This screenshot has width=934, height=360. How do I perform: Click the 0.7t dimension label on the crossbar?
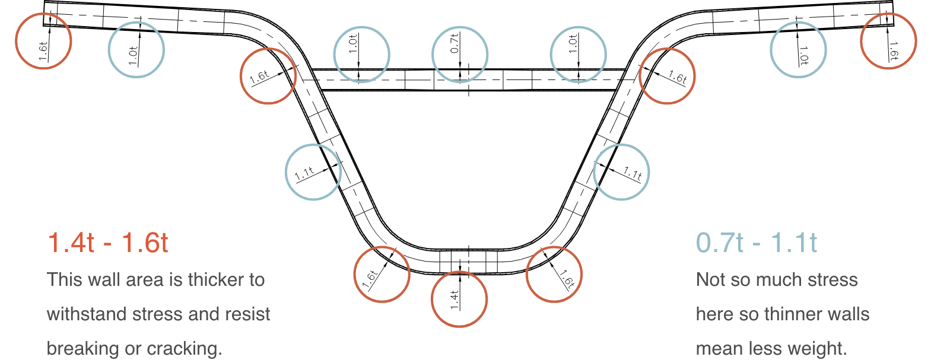pos(455,43)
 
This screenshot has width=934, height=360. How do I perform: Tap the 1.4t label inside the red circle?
pos(455,300)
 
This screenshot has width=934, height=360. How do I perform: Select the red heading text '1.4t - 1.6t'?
pos(108,243)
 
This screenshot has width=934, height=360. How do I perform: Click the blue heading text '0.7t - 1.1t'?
pos(757,243)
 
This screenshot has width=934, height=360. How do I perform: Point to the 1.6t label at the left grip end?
pos(43,50)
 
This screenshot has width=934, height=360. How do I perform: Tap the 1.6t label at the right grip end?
pos(893,51)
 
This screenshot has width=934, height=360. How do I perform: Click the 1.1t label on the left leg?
pos(304,174)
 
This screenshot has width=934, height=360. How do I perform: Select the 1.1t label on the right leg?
pos(633,173)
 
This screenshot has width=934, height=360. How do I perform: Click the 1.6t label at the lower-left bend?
pos(370,279)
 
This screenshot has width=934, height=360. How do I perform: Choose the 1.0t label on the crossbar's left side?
pos(353,44)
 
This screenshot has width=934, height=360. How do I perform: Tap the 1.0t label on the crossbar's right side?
pos(573,44)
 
